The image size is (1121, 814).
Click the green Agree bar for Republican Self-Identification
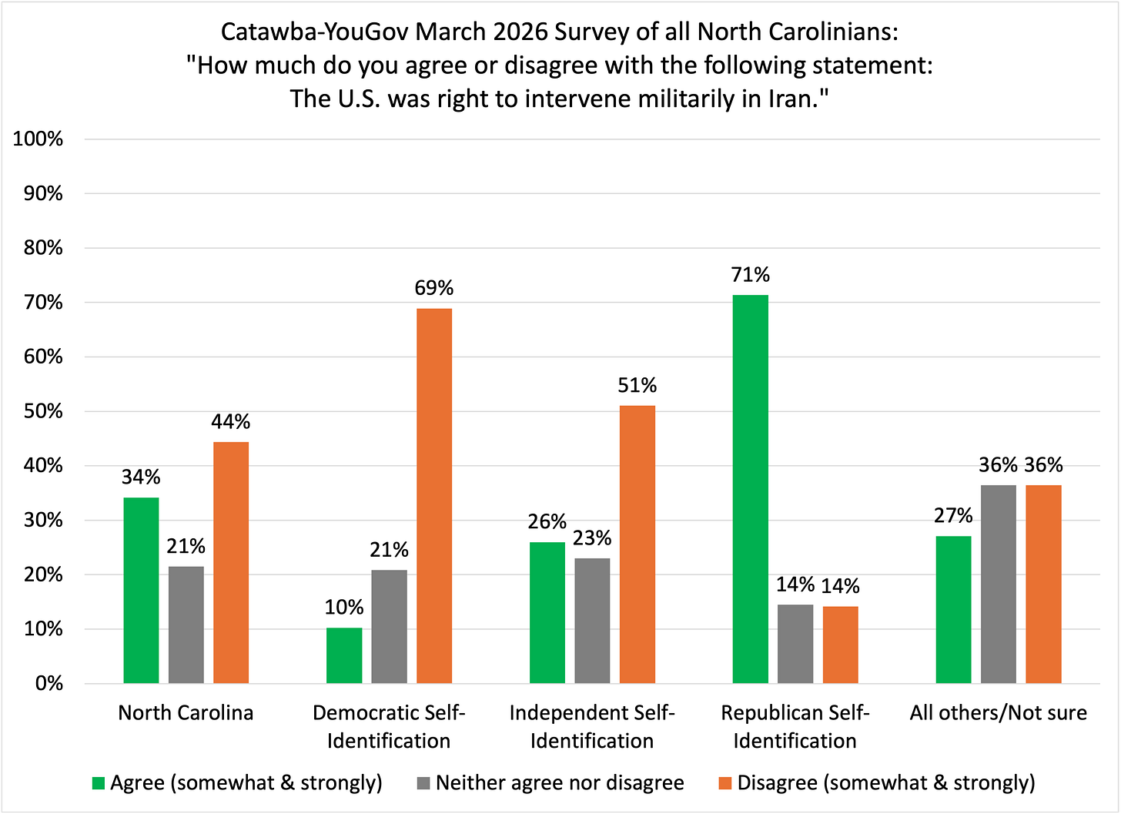750,489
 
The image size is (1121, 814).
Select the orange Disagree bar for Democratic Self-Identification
434,496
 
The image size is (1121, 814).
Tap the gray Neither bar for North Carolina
186,625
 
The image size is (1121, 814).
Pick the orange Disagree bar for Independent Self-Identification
637,544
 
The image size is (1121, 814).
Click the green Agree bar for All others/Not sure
953,609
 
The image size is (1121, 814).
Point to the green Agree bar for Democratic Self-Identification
344,655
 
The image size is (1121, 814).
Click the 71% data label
751,275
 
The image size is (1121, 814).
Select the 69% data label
434,288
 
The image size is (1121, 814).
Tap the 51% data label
637,385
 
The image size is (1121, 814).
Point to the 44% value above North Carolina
231,422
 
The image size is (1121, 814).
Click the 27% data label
953,515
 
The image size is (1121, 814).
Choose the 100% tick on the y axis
38,139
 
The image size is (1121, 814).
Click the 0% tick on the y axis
49,683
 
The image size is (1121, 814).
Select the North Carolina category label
186,712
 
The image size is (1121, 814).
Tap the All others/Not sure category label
998,712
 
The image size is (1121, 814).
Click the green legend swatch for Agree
98,783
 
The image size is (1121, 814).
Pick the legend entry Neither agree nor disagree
560,783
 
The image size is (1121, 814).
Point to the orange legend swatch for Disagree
724,783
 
